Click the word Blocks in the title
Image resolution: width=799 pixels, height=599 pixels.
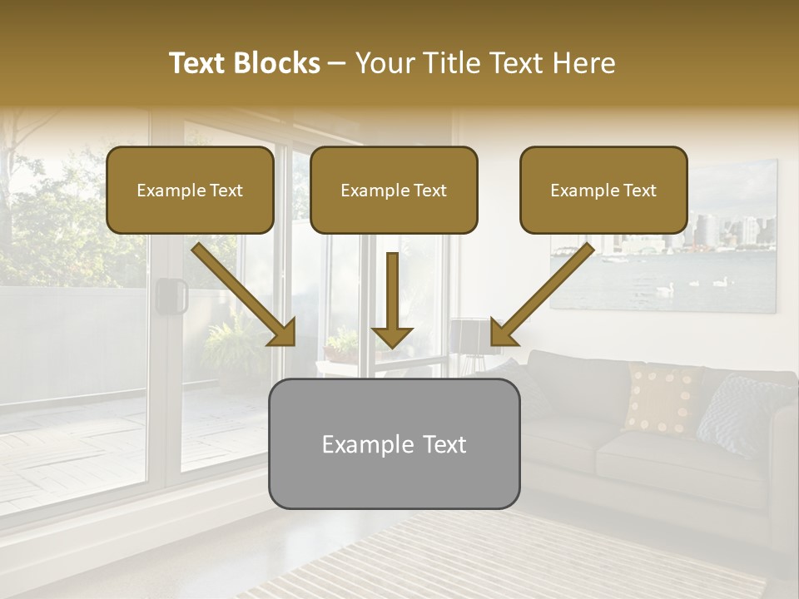tap(277, 63)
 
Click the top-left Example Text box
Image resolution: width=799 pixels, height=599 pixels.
tap(190, 191)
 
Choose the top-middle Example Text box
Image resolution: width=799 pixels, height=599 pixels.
tap(394, 191)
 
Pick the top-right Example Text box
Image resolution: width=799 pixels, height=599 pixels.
tap(603, 191)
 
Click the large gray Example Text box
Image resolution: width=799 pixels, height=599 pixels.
tap(394, 444)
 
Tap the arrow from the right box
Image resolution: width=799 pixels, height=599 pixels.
tap(541, 295)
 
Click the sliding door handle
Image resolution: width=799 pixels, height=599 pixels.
tap(172, 296)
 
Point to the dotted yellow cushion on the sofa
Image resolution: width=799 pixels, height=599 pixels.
tap(663, 398)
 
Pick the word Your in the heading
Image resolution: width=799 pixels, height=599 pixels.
tap(382, 63)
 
